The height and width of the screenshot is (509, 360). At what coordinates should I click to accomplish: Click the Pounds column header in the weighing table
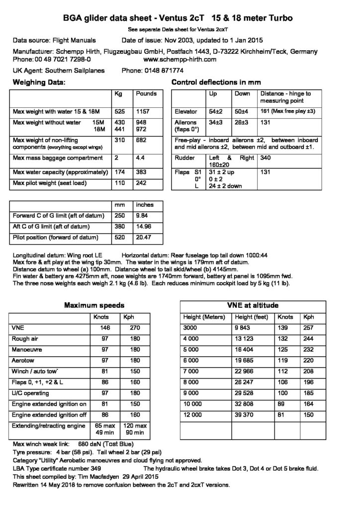pyautogui.click(x=146, y=93)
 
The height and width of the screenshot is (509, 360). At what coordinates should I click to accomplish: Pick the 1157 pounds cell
pyautogui.click(x=143, y=112)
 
